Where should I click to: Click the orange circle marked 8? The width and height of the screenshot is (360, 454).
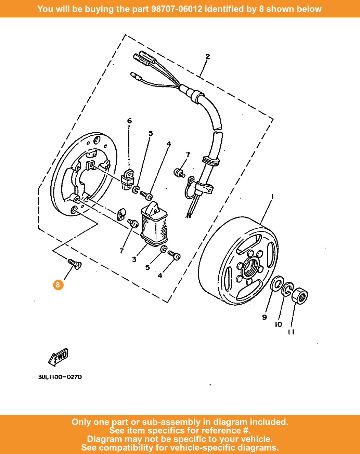58,285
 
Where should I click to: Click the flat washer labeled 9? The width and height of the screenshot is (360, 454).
277,284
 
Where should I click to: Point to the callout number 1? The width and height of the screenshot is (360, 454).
272,197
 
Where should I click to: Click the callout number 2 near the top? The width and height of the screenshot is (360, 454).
207,56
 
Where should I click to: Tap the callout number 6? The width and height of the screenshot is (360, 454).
129,121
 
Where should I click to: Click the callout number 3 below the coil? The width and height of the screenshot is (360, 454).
134,259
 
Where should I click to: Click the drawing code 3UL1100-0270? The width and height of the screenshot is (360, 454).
60,377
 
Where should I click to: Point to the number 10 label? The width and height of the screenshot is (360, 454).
279,324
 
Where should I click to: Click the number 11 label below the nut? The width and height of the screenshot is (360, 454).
291,332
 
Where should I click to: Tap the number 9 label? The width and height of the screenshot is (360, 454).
264,317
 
